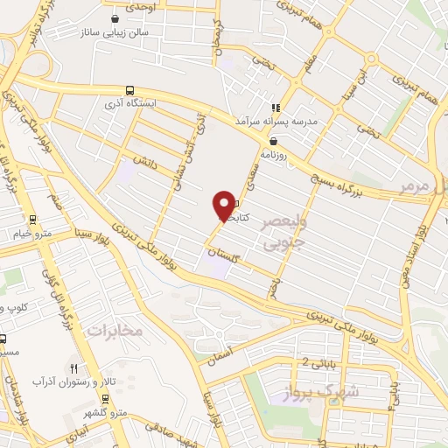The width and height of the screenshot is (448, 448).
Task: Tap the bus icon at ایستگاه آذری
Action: tap(130, 89)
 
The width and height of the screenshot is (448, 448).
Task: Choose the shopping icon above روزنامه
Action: tap(274, 140)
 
